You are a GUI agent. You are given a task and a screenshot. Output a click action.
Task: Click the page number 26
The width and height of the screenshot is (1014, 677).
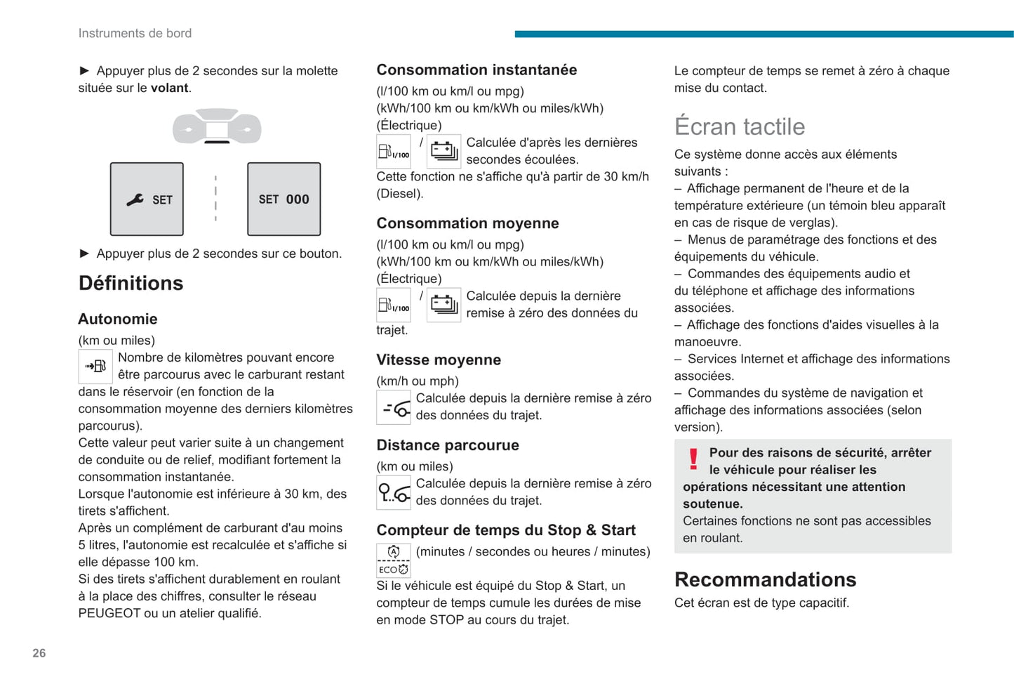tap(39, 653)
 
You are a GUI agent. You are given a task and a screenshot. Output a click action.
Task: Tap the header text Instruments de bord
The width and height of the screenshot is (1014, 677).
tap(135, 33)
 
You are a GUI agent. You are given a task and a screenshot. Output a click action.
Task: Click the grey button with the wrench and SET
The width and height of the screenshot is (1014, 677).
tap(147, 199)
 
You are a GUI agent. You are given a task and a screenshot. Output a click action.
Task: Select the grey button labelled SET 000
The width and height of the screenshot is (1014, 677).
tap(283, 199)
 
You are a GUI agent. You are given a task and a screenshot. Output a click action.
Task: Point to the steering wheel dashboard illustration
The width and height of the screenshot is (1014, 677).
tap(217, 126)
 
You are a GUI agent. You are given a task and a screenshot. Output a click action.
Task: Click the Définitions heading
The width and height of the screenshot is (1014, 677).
tap(131, 283)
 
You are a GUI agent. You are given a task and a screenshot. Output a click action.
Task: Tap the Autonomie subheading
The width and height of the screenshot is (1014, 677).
tap(118, 319)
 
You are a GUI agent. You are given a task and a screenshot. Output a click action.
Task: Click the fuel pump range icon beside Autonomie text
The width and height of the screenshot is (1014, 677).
tap(95, 366)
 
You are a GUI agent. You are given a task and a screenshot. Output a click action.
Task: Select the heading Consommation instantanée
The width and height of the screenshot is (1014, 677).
tap(476, 70)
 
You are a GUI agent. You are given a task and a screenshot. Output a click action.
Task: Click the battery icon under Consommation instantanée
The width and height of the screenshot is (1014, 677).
tap(443, 151)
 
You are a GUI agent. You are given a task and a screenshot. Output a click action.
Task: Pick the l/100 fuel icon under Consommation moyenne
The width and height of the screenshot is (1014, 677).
tap(393, 305)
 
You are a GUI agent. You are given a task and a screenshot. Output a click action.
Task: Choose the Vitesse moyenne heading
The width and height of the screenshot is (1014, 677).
tap(439, 360)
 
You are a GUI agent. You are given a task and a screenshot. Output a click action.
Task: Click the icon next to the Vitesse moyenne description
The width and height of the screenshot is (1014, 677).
tap(394, 407)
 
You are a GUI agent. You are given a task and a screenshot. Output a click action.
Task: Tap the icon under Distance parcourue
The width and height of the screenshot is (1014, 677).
tap(394, 492)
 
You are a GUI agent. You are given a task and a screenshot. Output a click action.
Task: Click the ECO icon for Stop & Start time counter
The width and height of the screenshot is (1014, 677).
tap(394, 560)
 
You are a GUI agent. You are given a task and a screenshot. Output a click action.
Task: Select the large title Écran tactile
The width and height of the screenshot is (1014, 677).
tap(740, 126)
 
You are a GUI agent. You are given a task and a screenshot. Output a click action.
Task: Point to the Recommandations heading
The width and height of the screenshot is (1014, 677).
tap(765, 579)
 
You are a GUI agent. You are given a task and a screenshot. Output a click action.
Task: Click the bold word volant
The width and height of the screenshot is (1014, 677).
tap(170, 88)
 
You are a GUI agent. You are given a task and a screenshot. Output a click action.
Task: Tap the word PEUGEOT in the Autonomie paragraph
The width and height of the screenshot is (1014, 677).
tap(109, 613)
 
